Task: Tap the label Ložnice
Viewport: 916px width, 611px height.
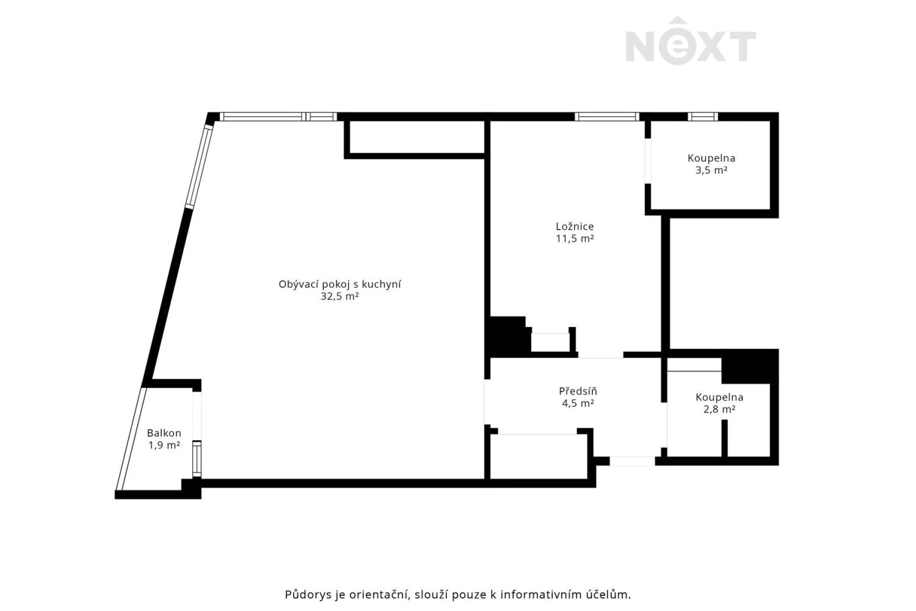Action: pos(575,227)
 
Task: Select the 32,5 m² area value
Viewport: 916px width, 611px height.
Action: pos(340,297)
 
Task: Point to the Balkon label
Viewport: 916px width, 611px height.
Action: pos(164,433)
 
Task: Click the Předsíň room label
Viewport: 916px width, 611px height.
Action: pos(578,391)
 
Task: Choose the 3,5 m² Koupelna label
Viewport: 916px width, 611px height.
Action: pos(711,158)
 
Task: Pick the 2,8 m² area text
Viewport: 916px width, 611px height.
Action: pos(719,409)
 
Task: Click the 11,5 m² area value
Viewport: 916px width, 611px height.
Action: pos(575,239)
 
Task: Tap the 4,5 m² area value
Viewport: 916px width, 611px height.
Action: pos(578,403)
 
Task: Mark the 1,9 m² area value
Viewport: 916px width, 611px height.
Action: pos(164,445)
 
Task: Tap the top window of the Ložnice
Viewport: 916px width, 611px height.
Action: pos(606,116)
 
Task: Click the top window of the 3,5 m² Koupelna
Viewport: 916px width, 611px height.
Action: pos(702,116)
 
